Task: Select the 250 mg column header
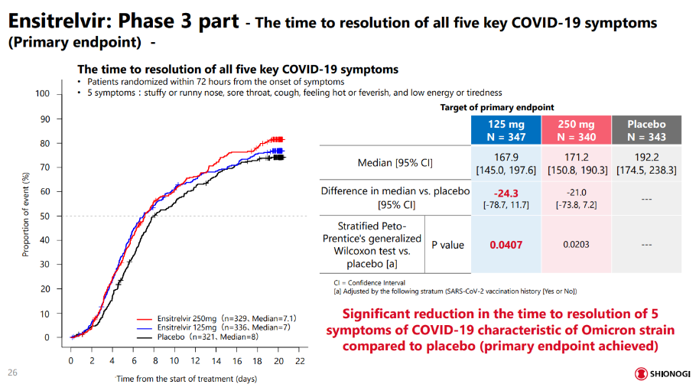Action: pyautogui.click(x=577, y=130)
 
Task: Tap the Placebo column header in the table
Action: pyautogui.click(x=646, y=130)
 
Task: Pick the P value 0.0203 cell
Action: pyautogui.click(x=577, y=245)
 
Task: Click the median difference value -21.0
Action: pyautogui.click(x=577, y=191)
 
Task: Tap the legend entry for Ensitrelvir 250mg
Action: pyautogui.click(x=216, y=317)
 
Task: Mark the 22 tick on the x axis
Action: pyautogui.click(x=299, y=361)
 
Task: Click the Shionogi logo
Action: pyautogui.click(x=662, y=373)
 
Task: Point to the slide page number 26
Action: pyautogui.click(x=13, y=373)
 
